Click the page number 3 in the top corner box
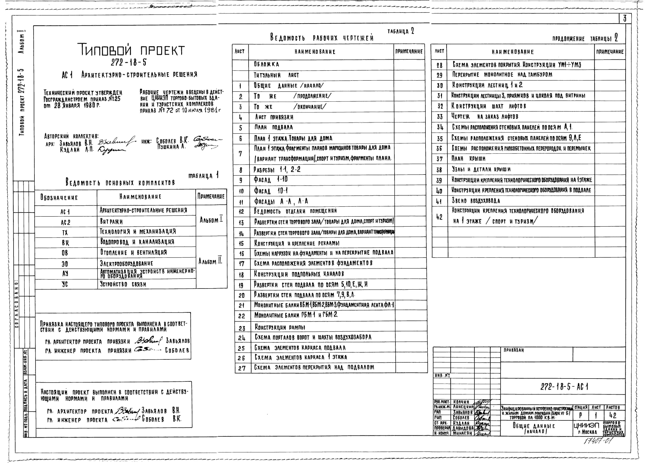click(x=624, y=19)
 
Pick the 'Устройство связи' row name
click(x=123, y=284)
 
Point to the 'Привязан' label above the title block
click(x=514, y=350)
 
